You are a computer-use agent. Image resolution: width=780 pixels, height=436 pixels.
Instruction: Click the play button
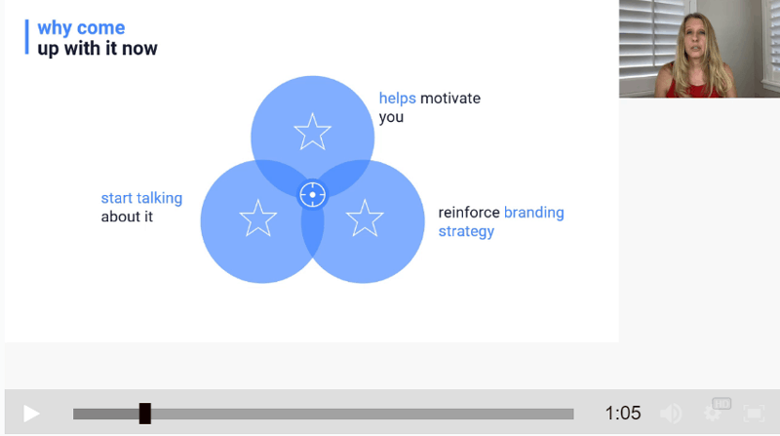(x=31, y=414)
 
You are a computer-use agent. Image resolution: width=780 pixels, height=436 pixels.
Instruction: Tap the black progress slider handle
(x=144, y=414)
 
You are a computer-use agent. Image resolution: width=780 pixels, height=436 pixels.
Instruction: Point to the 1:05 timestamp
(x=623, y=414)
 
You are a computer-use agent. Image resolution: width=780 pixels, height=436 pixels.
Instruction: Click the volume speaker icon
(x=671, y=414)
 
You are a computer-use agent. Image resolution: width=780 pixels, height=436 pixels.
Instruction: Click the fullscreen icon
(x=754, y=414)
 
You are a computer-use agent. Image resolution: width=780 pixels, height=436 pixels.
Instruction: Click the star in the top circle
(x=312, y=132)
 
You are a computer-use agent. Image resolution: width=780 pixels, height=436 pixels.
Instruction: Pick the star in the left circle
(x=258, y=218)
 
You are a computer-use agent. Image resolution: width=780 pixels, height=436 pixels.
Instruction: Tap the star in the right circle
(x=365, y=218)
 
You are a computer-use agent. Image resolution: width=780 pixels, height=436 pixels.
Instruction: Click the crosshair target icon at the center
(x=312, y=195)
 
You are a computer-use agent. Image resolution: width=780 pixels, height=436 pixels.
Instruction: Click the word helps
(x=398, y=99)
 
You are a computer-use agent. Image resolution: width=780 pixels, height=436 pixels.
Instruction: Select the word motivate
(x=450, y=99)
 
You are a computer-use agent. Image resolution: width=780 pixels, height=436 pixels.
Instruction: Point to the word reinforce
(x=469, y=213)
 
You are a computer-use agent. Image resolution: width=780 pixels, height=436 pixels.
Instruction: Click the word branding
(x=533, y=213)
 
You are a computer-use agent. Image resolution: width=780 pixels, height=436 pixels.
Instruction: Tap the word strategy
(x=466, y=231)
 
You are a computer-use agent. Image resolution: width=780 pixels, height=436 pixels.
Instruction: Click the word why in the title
(x=55, y=28)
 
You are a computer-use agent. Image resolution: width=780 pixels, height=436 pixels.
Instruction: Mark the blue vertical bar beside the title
(x=27, y=37)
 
